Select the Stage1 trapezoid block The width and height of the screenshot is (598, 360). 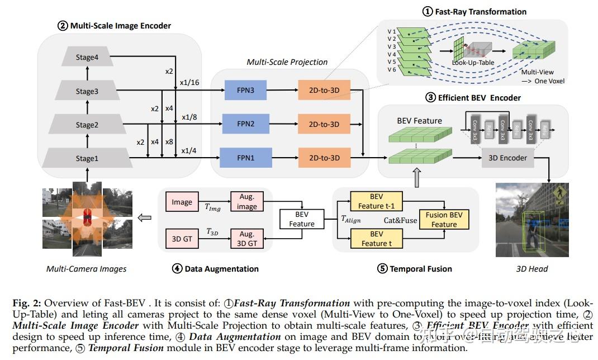(x=87, y=158)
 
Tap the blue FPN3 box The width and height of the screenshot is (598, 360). (x=245, y=90)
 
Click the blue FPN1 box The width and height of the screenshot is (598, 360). (x=245, y=158)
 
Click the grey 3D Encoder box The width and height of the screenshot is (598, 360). (x=507, y=158)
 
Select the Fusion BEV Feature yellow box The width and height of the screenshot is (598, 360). (x=444, y=220)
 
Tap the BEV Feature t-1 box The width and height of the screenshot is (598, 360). (x=376, y=201)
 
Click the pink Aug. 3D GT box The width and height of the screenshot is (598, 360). (x=246, y=239)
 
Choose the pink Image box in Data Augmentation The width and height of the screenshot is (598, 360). (x=182, y=202)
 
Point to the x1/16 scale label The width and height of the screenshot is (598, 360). (x=189, y=83)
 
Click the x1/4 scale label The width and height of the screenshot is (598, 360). (x=189, y=151)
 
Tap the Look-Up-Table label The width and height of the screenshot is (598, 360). (x=474, y=63)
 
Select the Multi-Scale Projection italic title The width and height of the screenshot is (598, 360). (x=287, y=62)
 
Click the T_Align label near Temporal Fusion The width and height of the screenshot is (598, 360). (x=351, y=220)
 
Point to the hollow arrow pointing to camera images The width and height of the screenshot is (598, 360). (x=144, y=219)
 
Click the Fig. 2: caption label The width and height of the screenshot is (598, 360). (x=28, y=302)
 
